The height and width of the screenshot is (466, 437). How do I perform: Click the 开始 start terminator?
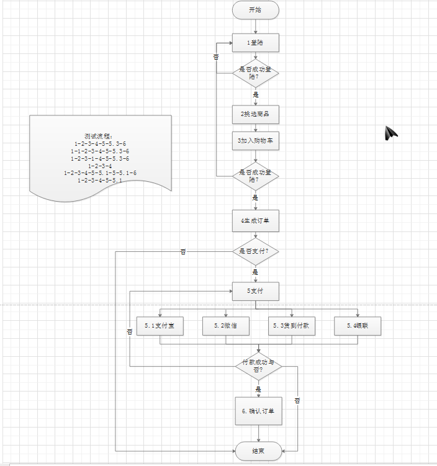pos(256,10)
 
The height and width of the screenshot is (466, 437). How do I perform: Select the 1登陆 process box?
pos(256,43)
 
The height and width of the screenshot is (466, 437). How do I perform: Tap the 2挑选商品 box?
pos(256,114)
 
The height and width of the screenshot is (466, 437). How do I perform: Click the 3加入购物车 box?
pos(256,141)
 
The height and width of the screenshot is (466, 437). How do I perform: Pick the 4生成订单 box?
pos(256,220)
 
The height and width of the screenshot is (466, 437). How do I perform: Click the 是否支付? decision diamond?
pos(256,251)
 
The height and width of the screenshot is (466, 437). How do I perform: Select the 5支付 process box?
pos(256,291)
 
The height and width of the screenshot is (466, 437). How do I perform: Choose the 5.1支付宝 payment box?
pos(160,326)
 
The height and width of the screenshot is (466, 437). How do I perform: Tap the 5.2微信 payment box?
pos(226,326)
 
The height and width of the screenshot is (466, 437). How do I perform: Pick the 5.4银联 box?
pos(358,326)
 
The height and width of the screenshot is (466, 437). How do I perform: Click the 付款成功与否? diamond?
pos(259,366)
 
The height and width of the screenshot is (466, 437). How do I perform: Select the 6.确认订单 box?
pos(258,411)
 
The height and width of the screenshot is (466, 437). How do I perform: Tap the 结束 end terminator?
pos(258,451)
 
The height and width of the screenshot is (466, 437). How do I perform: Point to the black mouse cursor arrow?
pos(390,132)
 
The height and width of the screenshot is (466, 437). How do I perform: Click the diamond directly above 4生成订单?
pos(256,176)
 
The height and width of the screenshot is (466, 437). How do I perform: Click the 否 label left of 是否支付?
pos(183,252)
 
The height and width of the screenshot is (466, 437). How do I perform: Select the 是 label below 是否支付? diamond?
pos(255,272)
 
